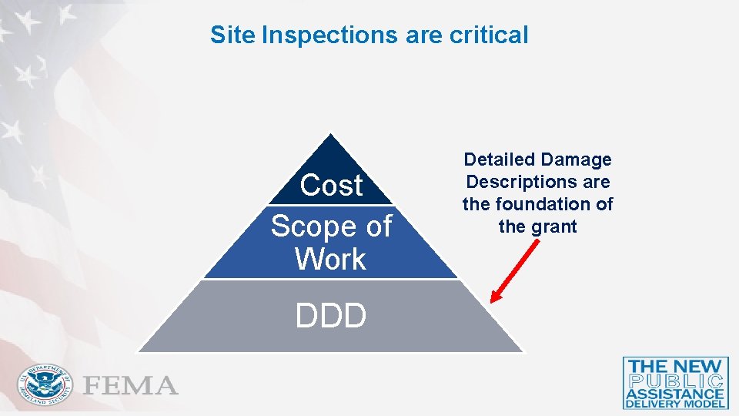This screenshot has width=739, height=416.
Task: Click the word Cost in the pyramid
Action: [331, 186]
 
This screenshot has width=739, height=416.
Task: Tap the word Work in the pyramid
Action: [331, 260]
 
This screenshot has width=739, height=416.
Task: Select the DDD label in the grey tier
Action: [331, 315]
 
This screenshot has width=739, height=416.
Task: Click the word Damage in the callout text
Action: [577, 160]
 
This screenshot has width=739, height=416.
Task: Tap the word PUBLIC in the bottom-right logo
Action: [676, 381]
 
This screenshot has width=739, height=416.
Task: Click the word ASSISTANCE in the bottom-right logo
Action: [676, 393]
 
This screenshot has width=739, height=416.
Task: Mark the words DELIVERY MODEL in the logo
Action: [676, 403]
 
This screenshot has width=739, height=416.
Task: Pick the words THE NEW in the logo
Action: [676, 367]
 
